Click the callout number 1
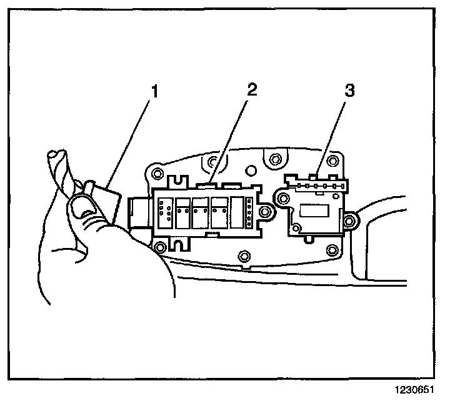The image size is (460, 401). tap(152, 92)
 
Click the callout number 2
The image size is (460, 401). tap(251, 89)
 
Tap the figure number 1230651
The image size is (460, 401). tap(413, 389)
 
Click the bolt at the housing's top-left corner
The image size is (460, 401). tap(157, 172)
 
